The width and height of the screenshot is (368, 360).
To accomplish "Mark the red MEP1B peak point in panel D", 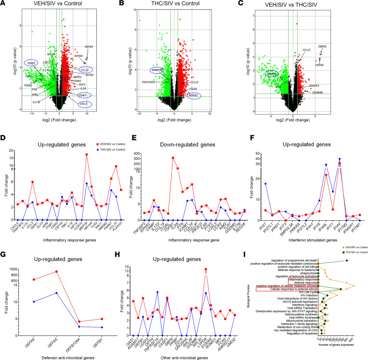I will click(x=86, y=155).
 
